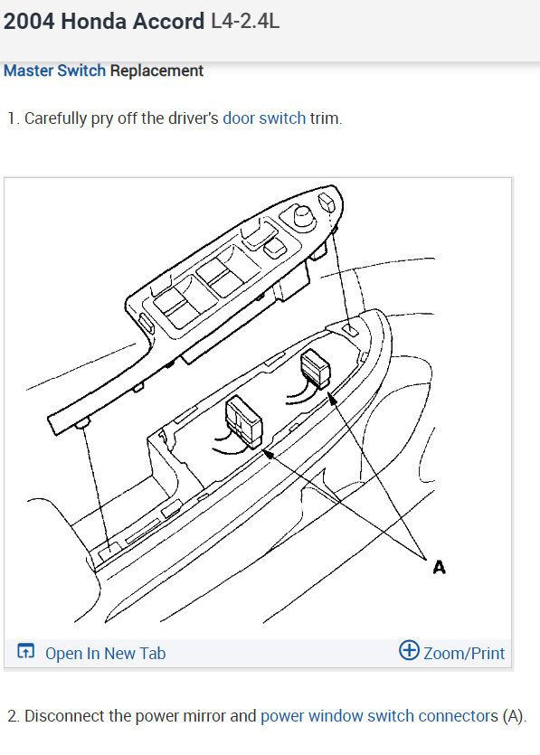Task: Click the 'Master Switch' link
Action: (x=54, y=71)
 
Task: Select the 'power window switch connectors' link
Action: (x=379, y=716)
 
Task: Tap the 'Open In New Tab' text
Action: (x=105, y=653)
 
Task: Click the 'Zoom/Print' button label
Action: (x=464, y=653)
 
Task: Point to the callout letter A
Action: (x=439, y=568)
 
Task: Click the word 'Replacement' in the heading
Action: (x=156, y=71)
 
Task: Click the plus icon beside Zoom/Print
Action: (x=409, y=651)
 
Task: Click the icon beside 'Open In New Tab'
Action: (x=26, y=652)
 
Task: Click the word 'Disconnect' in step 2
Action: (x=67, y=716)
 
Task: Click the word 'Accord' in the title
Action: (x=168, y=22)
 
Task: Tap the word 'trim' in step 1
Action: (x=326, y=118)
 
